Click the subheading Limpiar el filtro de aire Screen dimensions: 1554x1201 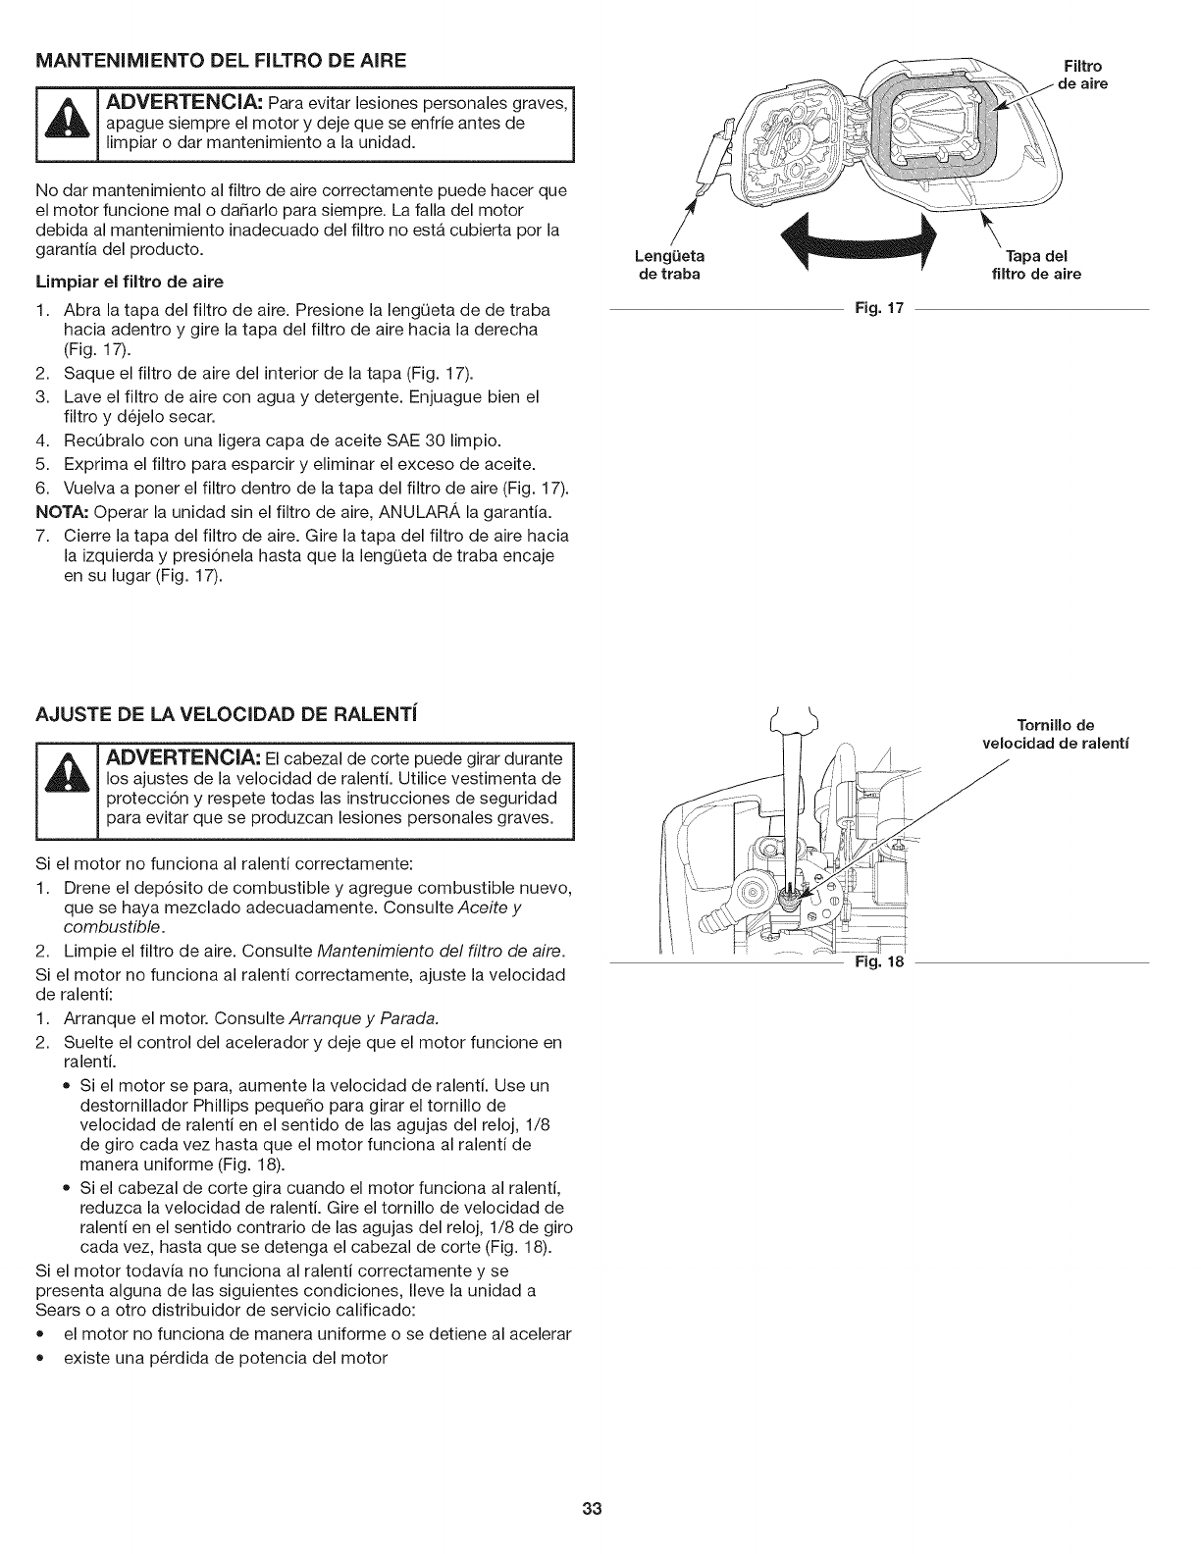pos(130,282)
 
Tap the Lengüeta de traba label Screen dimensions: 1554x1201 pos(669,266)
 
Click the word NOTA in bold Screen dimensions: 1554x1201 pos(55,512)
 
